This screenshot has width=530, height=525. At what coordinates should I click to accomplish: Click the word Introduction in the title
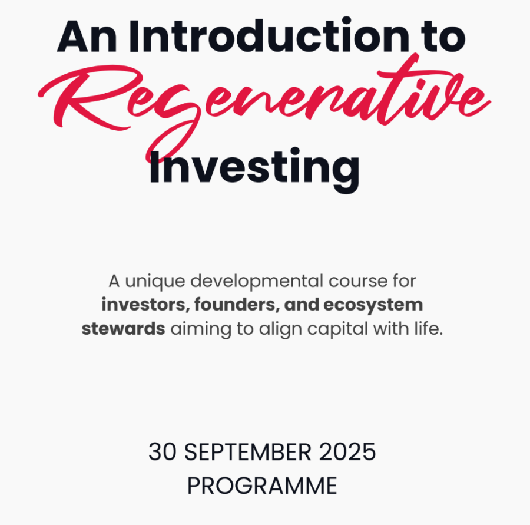point(269,35)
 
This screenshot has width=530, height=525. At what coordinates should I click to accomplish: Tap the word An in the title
point(87,36)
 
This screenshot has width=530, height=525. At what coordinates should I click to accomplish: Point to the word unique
point(155,282)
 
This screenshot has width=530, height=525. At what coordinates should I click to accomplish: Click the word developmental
point(257,281)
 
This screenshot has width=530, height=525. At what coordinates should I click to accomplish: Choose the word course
point(358,282)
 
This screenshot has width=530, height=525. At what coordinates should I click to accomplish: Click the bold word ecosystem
point(373,305)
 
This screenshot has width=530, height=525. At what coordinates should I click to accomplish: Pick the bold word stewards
point(124,328)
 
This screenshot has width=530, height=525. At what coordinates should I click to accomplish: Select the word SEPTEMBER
point(248,452)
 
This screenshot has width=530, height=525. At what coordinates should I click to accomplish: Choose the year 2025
point(347,451)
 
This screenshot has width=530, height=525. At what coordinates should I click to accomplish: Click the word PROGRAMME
point(262,486)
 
